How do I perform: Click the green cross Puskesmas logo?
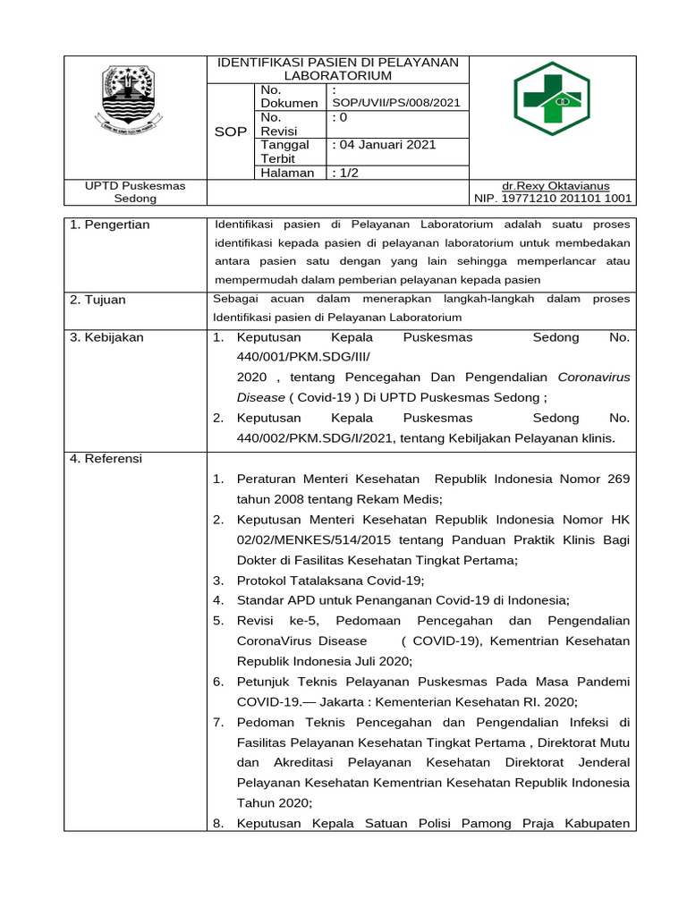click(551, 98)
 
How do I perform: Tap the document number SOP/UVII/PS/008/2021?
click(395, 103)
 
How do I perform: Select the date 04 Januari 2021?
click(384, 145)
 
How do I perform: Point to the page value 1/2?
click(344, 173)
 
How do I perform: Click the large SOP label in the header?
click(231, 131)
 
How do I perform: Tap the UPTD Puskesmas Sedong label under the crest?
click(135, 191)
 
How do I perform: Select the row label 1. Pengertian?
click(111, 225)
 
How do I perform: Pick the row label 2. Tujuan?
click(98, 300)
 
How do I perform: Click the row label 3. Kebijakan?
click(106, 337)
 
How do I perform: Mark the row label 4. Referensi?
click(106, 459)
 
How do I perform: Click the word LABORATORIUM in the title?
click(338, 76)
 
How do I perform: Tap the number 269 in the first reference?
click(618, 479)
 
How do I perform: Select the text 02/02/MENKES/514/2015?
click(305, 539)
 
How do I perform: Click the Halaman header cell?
click(287, 173)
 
